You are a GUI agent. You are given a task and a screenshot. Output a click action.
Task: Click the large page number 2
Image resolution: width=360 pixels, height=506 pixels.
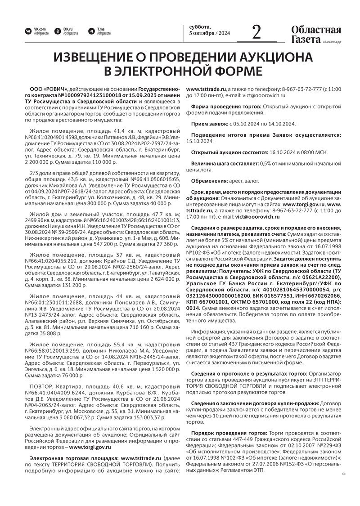click(x=256, y=32)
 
